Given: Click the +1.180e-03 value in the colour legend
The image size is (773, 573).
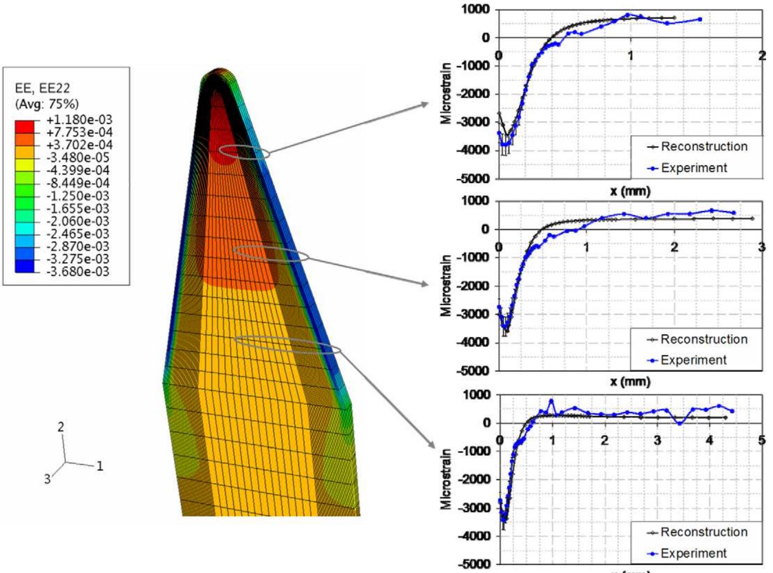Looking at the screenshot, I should [x=79, y=120].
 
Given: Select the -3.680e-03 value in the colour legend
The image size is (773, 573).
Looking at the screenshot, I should [x=78, y=271].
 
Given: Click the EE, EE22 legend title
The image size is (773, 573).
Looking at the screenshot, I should [x=43, y=88].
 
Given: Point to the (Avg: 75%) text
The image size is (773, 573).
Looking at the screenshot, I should [x=47, y=103].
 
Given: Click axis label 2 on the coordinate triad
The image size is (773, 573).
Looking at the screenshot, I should [x=61, y=427].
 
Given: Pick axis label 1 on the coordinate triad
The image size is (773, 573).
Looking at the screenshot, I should [x=99, y=466].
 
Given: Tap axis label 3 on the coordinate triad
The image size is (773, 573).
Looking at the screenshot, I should [x=47, y=479].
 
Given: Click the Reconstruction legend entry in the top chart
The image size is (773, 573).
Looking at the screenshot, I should [x=704, y=146].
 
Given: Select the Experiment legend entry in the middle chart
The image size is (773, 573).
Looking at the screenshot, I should [x=694, y=360].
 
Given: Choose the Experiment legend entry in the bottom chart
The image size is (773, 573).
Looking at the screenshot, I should [x=694, y=553].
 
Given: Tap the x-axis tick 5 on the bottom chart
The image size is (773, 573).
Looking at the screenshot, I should [x=761, y=440].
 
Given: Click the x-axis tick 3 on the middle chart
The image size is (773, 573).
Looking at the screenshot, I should [x=761, y=247].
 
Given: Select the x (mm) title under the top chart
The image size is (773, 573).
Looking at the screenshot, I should [x=630, y=190].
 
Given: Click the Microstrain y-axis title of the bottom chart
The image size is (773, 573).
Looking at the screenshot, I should [x=446, y=479].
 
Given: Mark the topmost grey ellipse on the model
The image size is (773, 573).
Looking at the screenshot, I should [x=244, y=152].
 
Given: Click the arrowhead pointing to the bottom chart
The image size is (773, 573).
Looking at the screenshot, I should [x=432, y=445].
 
